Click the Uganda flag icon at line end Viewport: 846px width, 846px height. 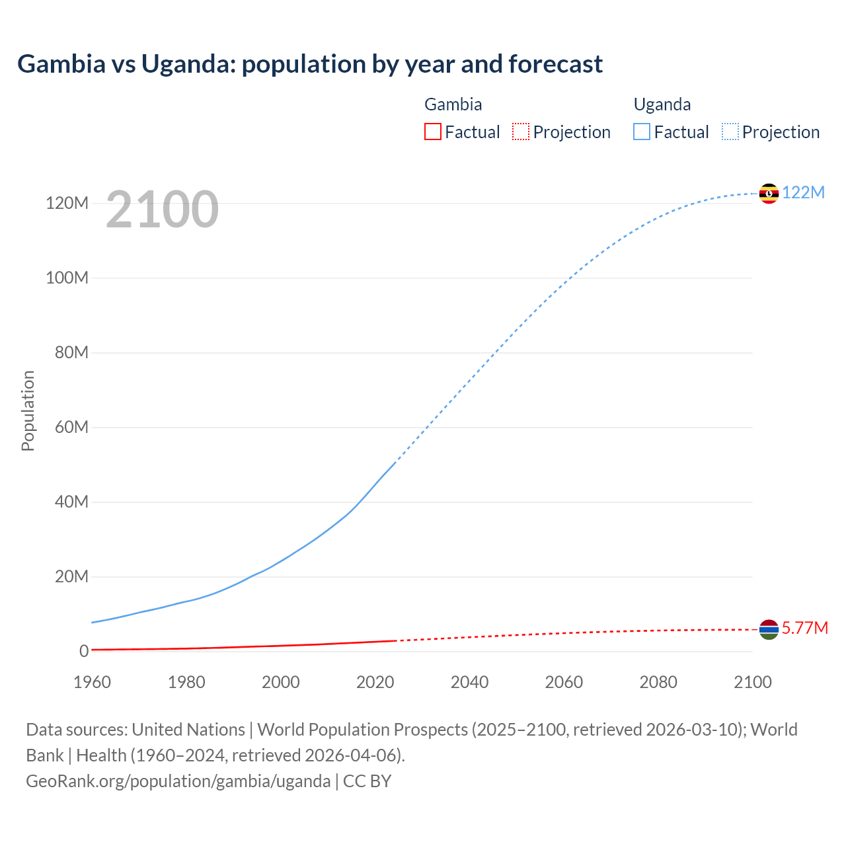tap(769, 193)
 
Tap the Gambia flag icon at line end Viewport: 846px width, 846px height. tap(769, 629)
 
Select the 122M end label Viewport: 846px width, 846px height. tap(803, 192)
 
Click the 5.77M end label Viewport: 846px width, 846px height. tap(804, 628)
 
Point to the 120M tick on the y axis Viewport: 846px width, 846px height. tap(67, 203)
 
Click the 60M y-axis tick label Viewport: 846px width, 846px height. tap(71, 427)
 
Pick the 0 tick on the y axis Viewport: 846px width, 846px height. tap(84, 651)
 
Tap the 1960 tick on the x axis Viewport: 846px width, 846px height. tap(92, 682)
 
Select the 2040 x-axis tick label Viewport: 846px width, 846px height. tap(469, 682)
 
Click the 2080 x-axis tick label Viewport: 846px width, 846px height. tap(658, 682)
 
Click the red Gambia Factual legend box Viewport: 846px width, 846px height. tap(432, 132)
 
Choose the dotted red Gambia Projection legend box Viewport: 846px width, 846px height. tap(521, 132)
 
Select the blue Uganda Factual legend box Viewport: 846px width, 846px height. tap(642, 132)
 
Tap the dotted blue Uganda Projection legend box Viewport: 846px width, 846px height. tap(730, 132)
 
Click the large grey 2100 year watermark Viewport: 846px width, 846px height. tap(162, 209)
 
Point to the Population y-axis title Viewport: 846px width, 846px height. tap(28, 410)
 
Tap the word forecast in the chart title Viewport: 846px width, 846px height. tap(555, 64)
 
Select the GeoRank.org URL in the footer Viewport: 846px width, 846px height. tap(178, 781)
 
